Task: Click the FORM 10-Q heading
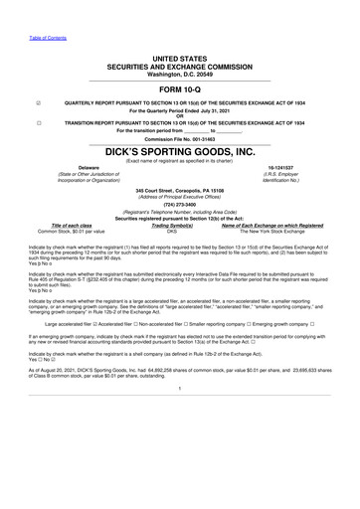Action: (179, 87)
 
